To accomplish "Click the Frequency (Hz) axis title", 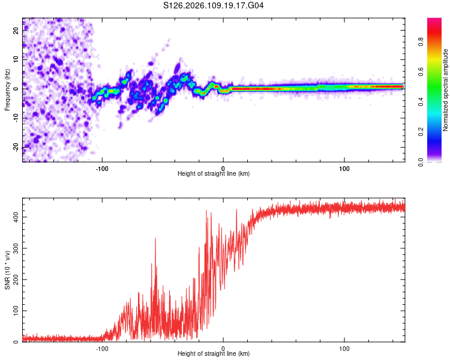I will pyautogui.click(x=7, y=89).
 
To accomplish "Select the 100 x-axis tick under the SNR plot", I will pyautogui.click(x=344, y=347).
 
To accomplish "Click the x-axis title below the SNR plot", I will pyautogui.click(x=214, y=354).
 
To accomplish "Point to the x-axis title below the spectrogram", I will pyautogui.click(x=214, y=174).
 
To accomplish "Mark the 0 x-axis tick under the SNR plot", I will pyautogui.click(x=223, y=347).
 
